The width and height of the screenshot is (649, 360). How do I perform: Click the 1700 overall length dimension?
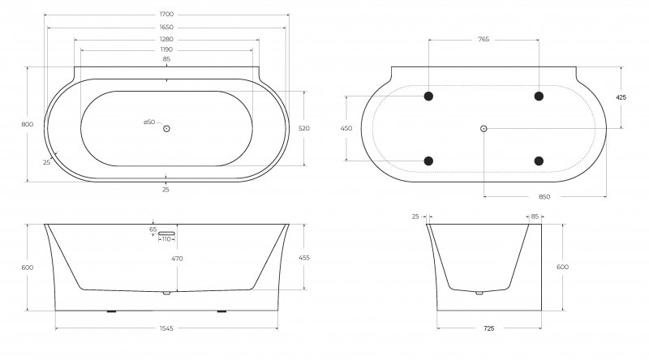[166, 15]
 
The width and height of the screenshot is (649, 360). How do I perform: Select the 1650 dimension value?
[166, 28]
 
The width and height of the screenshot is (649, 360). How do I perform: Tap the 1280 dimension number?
[166, 39]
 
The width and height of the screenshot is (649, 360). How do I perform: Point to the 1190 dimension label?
[166, 49]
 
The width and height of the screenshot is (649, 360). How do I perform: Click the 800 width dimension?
[28, 125]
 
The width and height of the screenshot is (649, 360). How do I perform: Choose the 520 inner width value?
[303, 128]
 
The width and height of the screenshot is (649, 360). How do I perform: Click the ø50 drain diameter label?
[149, 122]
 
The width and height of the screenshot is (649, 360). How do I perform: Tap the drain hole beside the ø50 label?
[166, 129]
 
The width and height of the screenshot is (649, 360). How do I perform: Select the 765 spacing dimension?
[484, 39]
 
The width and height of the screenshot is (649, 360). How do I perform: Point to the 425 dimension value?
[621, 97]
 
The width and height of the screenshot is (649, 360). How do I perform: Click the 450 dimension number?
[346, 128]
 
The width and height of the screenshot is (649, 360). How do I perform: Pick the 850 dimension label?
[544, 197]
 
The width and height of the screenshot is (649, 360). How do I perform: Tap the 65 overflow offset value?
[153, 229]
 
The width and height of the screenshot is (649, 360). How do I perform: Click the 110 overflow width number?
[166, 239]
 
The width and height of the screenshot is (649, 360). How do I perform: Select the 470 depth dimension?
[177, 259]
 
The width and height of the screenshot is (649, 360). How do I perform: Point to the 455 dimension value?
[303, 258]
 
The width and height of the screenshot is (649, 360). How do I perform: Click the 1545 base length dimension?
[166, 328]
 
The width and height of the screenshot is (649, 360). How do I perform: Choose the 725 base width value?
[489, 328]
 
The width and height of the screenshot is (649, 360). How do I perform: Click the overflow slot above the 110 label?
[166, 234]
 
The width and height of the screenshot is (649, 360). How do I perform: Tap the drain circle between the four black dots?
[484, 129]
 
